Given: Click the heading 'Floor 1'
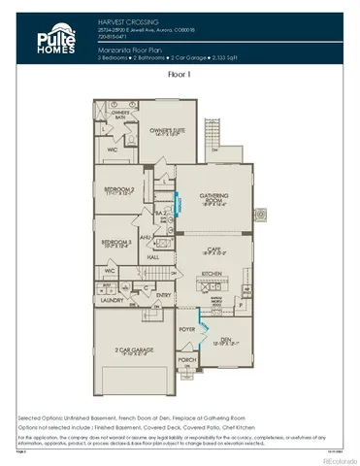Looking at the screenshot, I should click(x=180, y=74).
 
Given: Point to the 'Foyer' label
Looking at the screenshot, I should click(x=186, y=329).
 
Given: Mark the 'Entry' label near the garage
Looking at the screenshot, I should click(x=163, y=294).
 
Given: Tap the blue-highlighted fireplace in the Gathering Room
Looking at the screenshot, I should click(x=179, y=206).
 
